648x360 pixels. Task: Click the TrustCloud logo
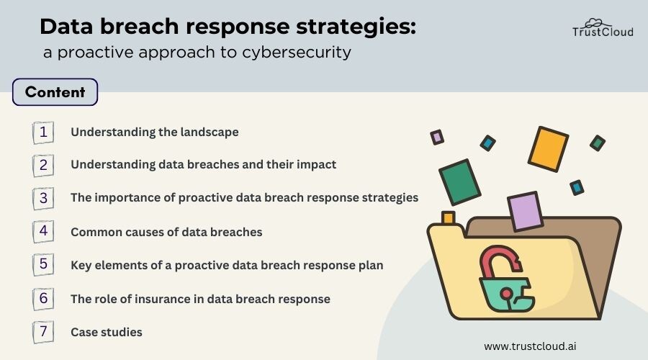pyautogui.click(x=603, y=28)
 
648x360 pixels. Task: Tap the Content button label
pyautogui.click(x=55, y=91)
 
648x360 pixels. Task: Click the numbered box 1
pyautogui.click(x=43, y=132)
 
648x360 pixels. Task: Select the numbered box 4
pyautogui.click(x=43, y=231)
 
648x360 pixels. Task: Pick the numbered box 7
pyautogui.click(x=43, y=332)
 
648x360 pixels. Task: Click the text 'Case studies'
pyautogui.click(x=107, y=332)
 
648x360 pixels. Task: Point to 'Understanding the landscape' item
pyautogui.click(x=155, y=132)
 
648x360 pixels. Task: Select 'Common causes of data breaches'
pyautogui.click(x=166, y=232)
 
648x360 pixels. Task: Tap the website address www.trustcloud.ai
pyautogui.click(x=530, y=346)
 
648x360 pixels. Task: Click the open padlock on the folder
pyautogui.click(x=506, y=279)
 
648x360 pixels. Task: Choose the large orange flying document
pyautogui.click(x=548, y=149)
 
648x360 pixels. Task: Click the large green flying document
pyautogui.click(x=459, y=182)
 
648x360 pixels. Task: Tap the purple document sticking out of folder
pyautogui.click(x=525, y=211)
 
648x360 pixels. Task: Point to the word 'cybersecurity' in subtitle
pyautogui.click(x=297, y=53)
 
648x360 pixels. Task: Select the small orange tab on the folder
pyautogui.click(x=448, y=217)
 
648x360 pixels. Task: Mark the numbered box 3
pyautogui.click(x=43, y=198)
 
